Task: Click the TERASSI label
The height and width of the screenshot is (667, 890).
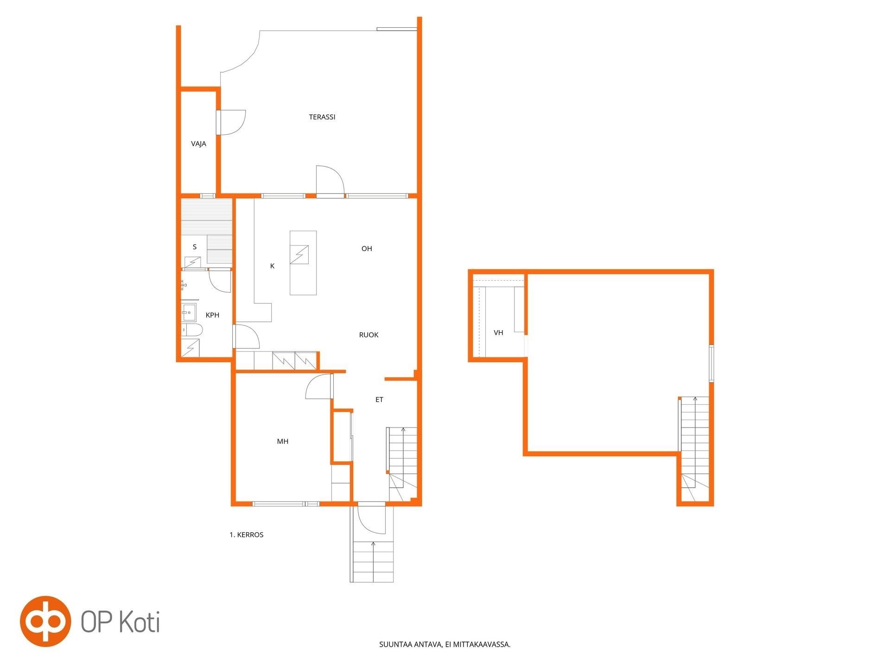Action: [x=322, y=117]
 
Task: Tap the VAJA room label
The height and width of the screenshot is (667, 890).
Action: [x=198, y=144]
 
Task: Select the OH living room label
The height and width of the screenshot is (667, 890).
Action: [x=367, y=249]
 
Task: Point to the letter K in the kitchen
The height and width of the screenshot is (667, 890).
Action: [x=272, y=266]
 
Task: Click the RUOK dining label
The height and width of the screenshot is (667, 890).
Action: [x=369, y=335]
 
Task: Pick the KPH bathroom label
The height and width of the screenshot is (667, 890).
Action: [x=212, y=315]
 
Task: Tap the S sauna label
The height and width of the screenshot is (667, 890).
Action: [x=195, y=247]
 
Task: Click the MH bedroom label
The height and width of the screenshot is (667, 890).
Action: [x=283, y=441]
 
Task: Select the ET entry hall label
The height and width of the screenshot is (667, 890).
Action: [x=379, y=400]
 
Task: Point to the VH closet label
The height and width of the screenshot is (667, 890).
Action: [x=498, y=333]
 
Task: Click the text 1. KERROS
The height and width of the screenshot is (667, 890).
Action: [x=247, y=535]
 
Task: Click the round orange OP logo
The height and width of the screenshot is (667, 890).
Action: [x=45, y=621]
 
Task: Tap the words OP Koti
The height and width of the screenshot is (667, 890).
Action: [x=121, y=622]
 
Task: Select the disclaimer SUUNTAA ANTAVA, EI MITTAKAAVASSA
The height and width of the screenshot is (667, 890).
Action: [x=445, y=644]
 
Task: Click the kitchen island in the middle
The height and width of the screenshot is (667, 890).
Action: [x=303, y=263]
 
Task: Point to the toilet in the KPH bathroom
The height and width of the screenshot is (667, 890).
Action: [x=191, y=330]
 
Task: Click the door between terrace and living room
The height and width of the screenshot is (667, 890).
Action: [x=330, y=181]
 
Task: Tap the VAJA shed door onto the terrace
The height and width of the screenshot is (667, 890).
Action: [x=230, y=123]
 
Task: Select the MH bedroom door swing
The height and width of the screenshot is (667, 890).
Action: [x=319, y=386]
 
